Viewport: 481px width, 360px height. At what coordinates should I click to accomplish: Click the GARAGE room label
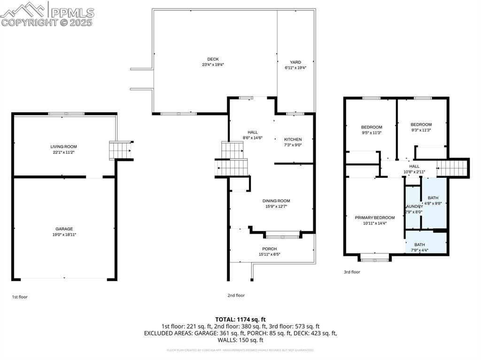(x=63, y=229)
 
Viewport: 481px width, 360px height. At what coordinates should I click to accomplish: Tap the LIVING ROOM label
(x=63, y=146)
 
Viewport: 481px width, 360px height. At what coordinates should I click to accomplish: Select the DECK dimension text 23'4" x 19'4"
(x=209, y=64)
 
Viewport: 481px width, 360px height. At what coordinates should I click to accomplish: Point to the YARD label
(x=295, y=62)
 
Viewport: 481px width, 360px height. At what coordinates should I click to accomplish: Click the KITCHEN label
(x=293, y=139)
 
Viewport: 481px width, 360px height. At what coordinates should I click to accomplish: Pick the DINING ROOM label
(x=276, y=200)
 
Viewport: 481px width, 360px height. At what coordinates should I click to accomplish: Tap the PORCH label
(x=269, y=249)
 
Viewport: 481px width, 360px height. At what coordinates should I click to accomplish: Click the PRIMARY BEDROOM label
(x=374, y=217)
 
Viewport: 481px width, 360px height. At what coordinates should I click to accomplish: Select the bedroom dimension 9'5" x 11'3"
(x=371, y=133)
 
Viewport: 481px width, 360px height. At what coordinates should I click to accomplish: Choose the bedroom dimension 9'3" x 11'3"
(x=421, y=130)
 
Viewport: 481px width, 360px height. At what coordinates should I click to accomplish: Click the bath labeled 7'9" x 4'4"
(x=419, y=250)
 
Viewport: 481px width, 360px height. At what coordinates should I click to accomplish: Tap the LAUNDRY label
(x=414, y=206)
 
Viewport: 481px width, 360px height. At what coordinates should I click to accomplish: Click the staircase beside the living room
(x=120, y=150)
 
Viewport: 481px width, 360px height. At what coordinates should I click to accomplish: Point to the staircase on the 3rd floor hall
(x=452, y=168)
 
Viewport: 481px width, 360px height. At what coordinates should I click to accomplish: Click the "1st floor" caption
(x=20, y=297)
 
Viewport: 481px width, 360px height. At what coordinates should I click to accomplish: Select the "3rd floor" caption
(x=352, y=272)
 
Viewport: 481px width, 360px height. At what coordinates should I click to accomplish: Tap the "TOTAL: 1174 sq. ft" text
(x=240, y=319)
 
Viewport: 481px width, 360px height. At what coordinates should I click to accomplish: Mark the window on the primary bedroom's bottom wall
(x=374, y=257)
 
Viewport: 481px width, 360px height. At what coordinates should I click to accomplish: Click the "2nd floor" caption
(x=236, y=295)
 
